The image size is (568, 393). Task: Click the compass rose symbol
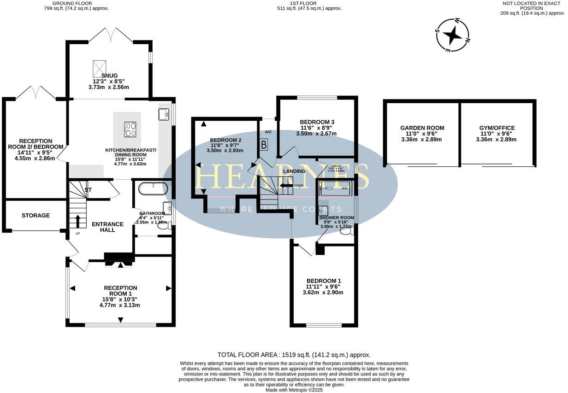click(453, 35)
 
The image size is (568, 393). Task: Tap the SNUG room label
click(106, 75)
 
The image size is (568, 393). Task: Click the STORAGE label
click(35, 216)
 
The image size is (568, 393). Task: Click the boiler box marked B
click(264, 145)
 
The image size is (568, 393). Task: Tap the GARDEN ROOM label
click(422, 128)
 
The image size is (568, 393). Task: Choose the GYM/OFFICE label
click(498, 128)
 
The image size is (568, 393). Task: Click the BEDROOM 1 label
click(324, 281)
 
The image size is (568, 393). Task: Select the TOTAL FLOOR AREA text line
click(294, 355)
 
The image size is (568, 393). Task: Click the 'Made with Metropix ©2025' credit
click(294, 390)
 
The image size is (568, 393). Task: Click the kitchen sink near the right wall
click(164, 114)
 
